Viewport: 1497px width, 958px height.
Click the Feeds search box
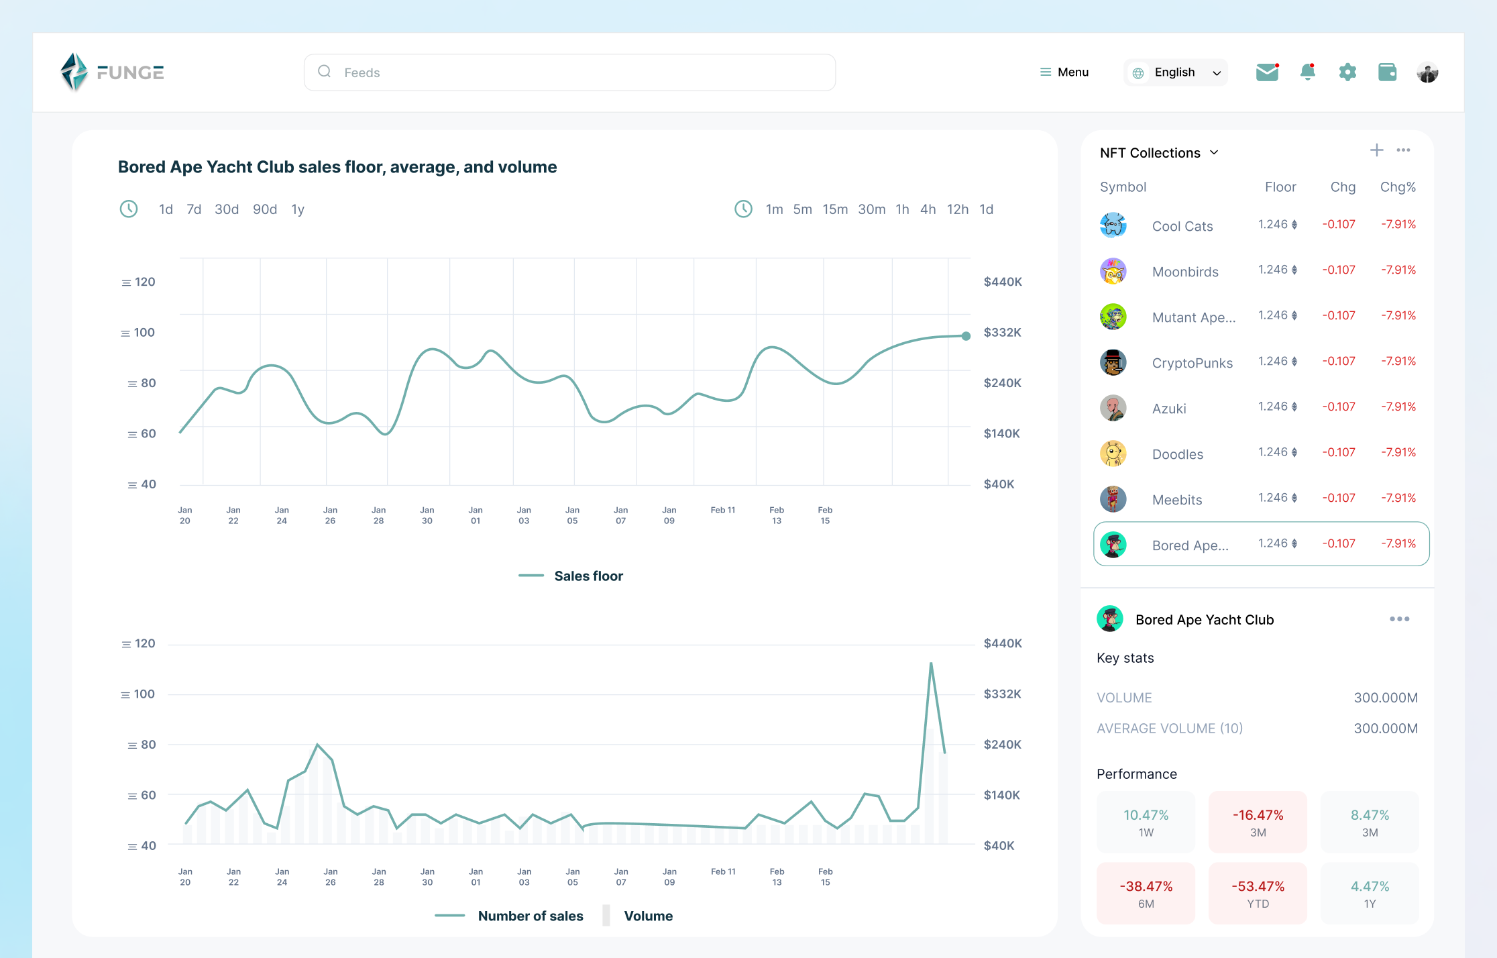click(569, 72)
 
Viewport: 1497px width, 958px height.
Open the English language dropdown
click(1176, 72)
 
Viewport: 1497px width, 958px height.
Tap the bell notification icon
click(1307, 72)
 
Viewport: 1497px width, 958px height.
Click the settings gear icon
click(1347, 72)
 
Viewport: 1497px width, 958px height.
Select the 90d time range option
click(264, 209)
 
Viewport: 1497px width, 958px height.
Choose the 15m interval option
click(834, 209)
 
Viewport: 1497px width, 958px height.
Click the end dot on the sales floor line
click(966, 336)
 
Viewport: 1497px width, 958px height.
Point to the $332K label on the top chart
click(1002, 332)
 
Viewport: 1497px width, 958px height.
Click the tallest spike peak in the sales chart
click(931, 663)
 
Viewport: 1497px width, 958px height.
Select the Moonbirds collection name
click(1184, 272)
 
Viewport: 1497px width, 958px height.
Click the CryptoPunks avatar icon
click(1113, 362)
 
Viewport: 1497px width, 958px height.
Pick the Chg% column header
click(1397, 187)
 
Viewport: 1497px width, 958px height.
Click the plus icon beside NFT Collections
click(1376, 150)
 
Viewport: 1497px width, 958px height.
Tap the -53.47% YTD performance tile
click(1258, 893)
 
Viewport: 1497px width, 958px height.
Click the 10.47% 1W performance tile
click(1146, 822)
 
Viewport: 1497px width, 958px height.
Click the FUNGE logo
click(112, 72)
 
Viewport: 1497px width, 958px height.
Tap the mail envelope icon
click(1267, 72)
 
